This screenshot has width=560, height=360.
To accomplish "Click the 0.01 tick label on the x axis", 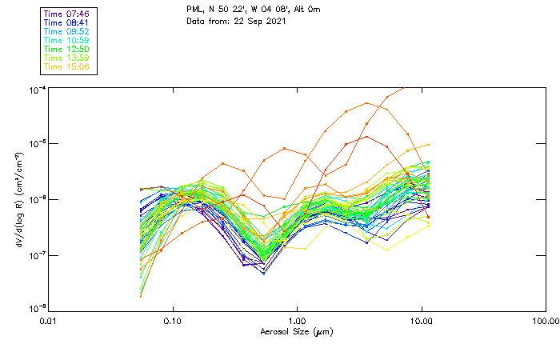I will tap(49, 320).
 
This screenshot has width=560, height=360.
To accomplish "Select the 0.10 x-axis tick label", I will tap(173, 320).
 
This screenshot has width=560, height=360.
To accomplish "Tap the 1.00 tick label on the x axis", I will tap(298, 320).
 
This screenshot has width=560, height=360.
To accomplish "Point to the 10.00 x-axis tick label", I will tap(422, 320).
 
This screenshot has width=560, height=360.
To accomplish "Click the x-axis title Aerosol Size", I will tap(297, 331).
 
